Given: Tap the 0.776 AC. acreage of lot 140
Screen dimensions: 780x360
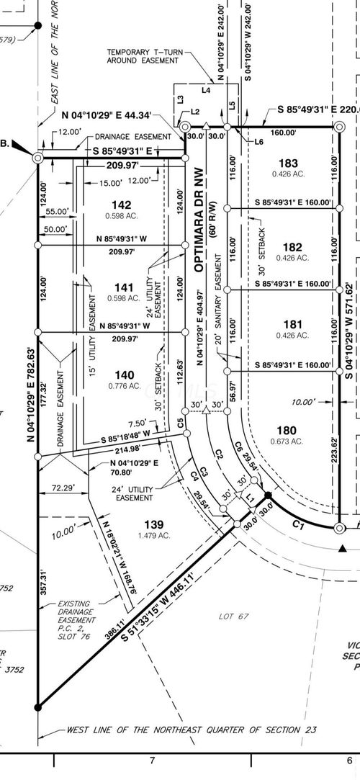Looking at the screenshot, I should click(124, 386).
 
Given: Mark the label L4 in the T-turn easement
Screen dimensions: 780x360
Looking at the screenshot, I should click(206, 91).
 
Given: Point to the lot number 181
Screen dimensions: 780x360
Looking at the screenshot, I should click(292, 325).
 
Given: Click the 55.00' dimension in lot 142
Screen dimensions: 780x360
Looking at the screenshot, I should click(56, 212).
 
